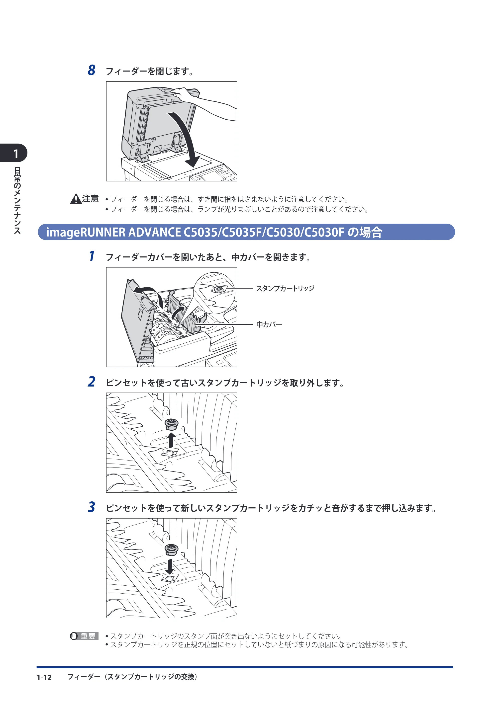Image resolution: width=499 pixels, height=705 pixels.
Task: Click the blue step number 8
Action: (91, 70)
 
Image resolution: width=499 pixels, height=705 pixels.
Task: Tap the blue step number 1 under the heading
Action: (92, 256)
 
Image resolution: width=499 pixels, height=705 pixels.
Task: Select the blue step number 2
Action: (91, 382)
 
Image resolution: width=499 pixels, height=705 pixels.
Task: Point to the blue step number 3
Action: (91, 507)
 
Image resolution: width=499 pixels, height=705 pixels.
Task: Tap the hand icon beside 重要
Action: (74, 636)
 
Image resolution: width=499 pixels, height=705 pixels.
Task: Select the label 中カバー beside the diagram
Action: (269, 324)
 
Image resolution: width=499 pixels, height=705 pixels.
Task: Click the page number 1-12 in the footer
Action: (44, 677)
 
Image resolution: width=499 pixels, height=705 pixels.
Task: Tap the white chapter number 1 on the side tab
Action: (16, 154)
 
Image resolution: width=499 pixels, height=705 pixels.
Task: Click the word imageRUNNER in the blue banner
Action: (86, 233)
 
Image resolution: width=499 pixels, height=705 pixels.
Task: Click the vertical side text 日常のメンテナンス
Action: (17, 200)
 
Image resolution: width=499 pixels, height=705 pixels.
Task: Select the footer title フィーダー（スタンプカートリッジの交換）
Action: (133, 677)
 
